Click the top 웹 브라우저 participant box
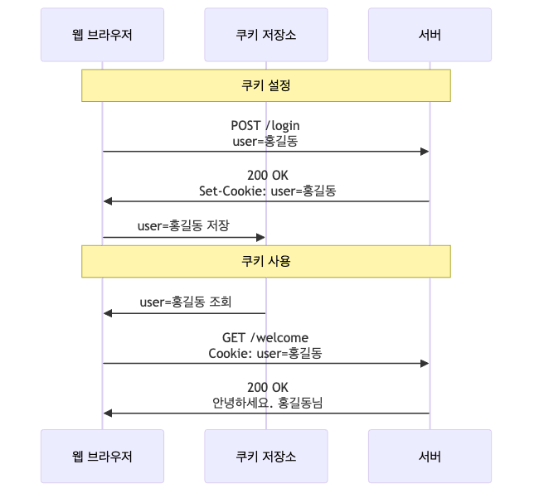[102, 35]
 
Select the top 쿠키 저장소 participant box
[265, 35]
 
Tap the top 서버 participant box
[430, 35]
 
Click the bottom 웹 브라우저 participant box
[102, 457]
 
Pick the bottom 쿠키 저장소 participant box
[265, 457]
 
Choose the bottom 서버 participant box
[430, 457]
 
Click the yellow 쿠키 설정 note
[265, 85]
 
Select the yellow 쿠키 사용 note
[265, 261]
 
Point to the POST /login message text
[265, 125]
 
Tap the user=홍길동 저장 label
[183, 225]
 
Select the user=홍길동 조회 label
[185, 302]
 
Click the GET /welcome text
[265, 337]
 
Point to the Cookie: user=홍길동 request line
[265, 353]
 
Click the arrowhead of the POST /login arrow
[425, 152]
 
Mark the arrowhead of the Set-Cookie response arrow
[107, 201]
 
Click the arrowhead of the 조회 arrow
[107, 313]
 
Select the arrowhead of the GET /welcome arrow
[425, 363]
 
